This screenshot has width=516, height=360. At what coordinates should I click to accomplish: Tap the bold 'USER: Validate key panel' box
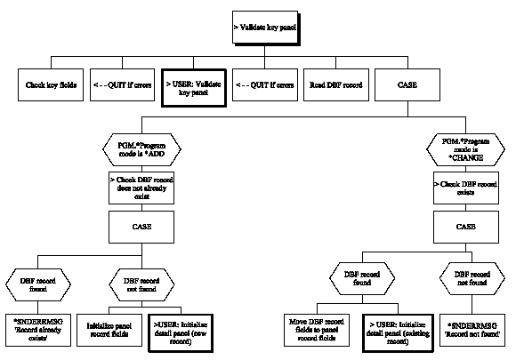(191, 86)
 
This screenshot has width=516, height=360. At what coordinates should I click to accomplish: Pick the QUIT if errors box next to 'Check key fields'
(119, 86)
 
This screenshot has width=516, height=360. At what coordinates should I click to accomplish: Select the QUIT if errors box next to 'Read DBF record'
(262, 86)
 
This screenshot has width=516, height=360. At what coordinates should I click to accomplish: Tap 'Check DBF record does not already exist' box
(136, 188)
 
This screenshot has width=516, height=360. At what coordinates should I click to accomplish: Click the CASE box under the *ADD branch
(136, 226)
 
